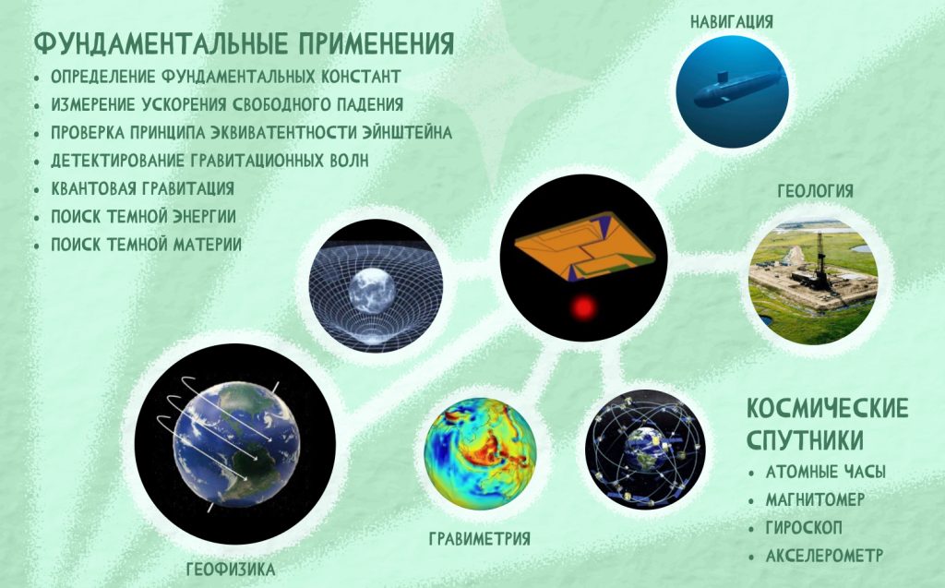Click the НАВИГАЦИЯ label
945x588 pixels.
(731, 22)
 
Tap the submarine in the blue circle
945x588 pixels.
(736, 88)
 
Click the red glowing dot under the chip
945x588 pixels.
(583, 308)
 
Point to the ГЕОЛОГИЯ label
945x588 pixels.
(815, 191)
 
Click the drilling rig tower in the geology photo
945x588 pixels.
(820, 260)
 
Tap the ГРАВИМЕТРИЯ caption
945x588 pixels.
(480, 538)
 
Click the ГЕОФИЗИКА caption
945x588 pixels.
(231, 570)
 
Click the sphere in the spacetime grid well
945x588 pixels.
(373, 290)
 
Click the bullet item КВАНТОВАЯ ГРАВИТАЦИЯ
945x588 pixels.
(142, 188)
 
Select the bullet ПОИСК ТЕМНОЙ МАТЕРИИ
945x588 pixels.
(146, 245)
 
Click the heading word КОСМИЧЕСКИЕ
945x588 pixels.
(828, 408)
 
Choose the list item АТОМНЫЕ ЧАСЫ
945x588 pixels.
(826, 473)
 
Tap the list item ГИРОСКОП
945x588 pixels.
(804, 528)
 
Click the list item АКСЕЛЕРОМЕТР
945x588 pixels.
(824, 556)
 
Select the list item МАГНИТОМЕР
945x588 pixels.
(815, 500)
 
